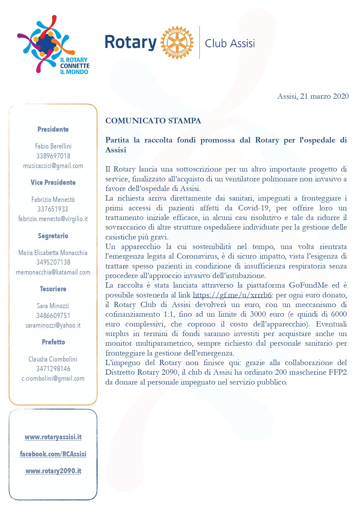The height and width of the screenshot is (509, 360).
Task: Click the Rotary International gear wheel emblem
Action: tap(177, 42)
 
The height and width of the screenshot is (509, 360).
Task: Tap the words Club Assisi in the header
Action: tap(230, 44)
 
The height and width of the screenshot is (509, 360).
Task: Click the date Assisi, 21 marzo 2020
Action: tap(313, 96)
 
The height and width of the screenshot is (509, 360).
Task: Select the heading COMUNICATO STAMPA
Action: tap(153, 121)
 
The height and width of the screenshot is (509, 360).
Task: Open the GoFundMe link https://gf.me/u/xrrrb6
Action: tap(232, 295)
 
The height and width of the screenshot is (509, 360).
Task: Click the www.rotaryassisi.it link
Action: tap(53, 437)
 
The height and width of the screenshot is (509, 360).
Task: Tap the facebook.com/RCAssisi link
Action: tap(53, 454)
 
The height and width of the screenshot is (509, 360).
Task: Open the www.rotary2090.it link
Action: tap(53, 471)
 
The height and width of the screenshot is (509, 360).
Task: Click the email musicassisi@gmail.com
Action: tap(53, 166)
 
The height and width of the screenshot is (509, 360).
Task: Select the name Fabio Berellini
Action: tap(53, 146)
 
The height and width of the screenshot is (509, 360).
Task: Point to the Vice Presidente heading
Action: tap(53, 183)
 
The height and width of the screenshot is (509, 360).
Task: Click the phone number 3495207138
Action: tap(53, 262)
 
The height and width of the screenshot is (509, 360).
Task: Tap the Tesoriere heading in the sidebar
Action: tap(53, 289)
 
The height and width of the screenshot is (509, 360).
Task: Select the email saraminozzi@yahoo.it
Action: tap(53, 325)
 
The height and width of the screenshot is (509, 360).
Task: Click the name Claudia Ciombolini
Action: tap(53, 359)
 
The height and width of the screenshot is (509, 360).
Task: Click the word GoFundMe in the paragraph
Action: tap(308, 285)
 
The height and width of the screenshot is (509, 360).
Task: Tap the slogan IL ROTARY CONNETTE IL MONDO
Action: tap(75, 66)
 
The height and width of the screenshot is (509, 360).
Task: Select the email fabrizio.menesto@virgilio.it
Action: tap(53, 219)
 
